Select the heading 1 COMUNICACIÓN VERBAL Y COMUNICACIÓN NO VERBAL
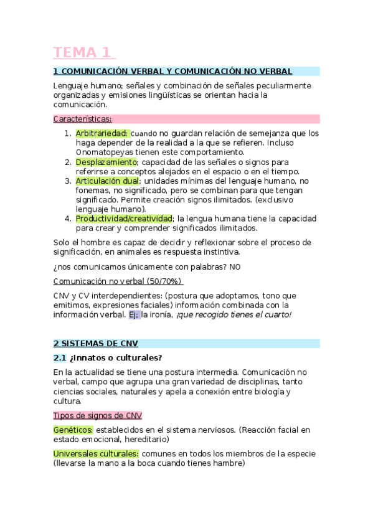tap(172, 72)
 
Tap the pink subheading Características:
tap(83, 118)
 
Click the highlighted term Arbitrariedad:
tap(102, 133)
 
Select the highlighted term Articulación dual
tap(107, 181)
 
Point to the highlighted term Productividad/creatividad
tap(124, 219)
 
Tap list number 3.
tap(68, 181)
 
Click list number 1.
tap(68, 133)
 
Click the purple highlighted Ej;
tap(134, 314)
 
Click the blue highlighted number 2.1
tap(60, 357)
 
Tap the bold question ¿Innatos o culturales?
tap(116, 357)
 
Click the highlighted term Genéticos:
tap(73, 430)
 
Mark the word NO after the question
tap(234, 266)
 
